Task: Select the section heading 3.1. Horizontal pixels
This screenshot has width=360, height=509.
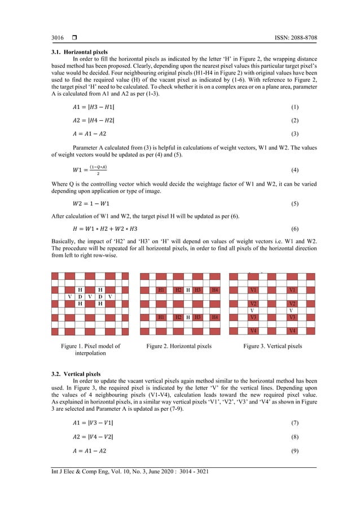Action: click(75, 52)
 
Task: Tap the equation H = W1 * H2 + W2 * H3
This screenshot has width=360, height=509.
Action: click(112, 230)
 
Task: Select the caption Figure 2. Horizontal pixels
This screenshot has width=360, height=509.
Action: click(179, 346)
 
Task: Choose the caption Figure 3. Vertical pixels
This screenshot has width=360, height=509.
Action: click(273, 346)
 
